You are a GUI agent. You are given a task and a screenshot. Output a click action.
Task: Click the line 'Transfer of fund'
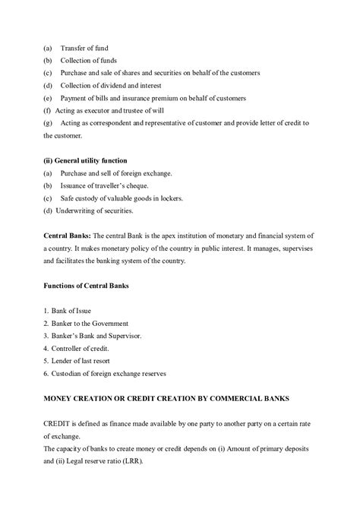85,47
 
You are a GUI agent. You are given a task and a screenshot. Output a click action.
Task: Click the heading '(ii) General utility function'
84,160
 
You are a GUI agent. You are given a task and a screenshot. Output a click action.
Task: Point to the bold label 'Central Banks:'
68,236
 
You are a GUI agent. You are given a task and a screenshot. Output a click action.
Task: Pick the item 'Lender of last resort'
83,361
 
